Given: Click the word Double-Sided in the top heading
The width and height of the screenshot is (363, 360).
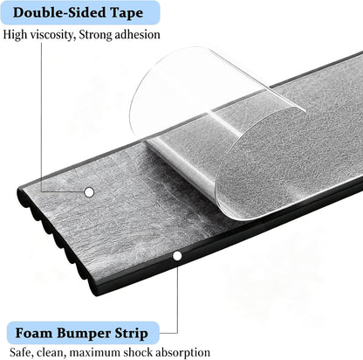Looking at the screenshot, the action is click(x=59, y=12).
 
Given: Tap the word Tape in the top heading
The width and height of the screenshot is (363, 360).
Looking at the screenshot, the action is click(x=127, y=13).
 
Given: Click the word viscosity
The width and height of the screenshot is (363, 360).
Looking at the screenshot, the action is click(x=52, y=35).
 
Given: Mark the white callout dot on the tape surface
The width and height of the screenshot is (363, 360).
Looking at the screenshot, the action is click(x=89, y=192).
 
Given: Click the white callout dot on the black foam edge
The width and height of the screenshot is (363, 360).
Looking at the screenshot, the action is click(x=177, y=256).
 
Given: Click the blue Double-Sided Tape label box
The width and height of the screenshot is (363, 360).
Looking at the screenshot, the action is click(x=80, y=12).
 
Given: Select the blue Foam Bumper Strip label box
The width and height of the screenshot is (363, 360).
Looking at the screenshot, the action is click(x=83, y=333).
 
